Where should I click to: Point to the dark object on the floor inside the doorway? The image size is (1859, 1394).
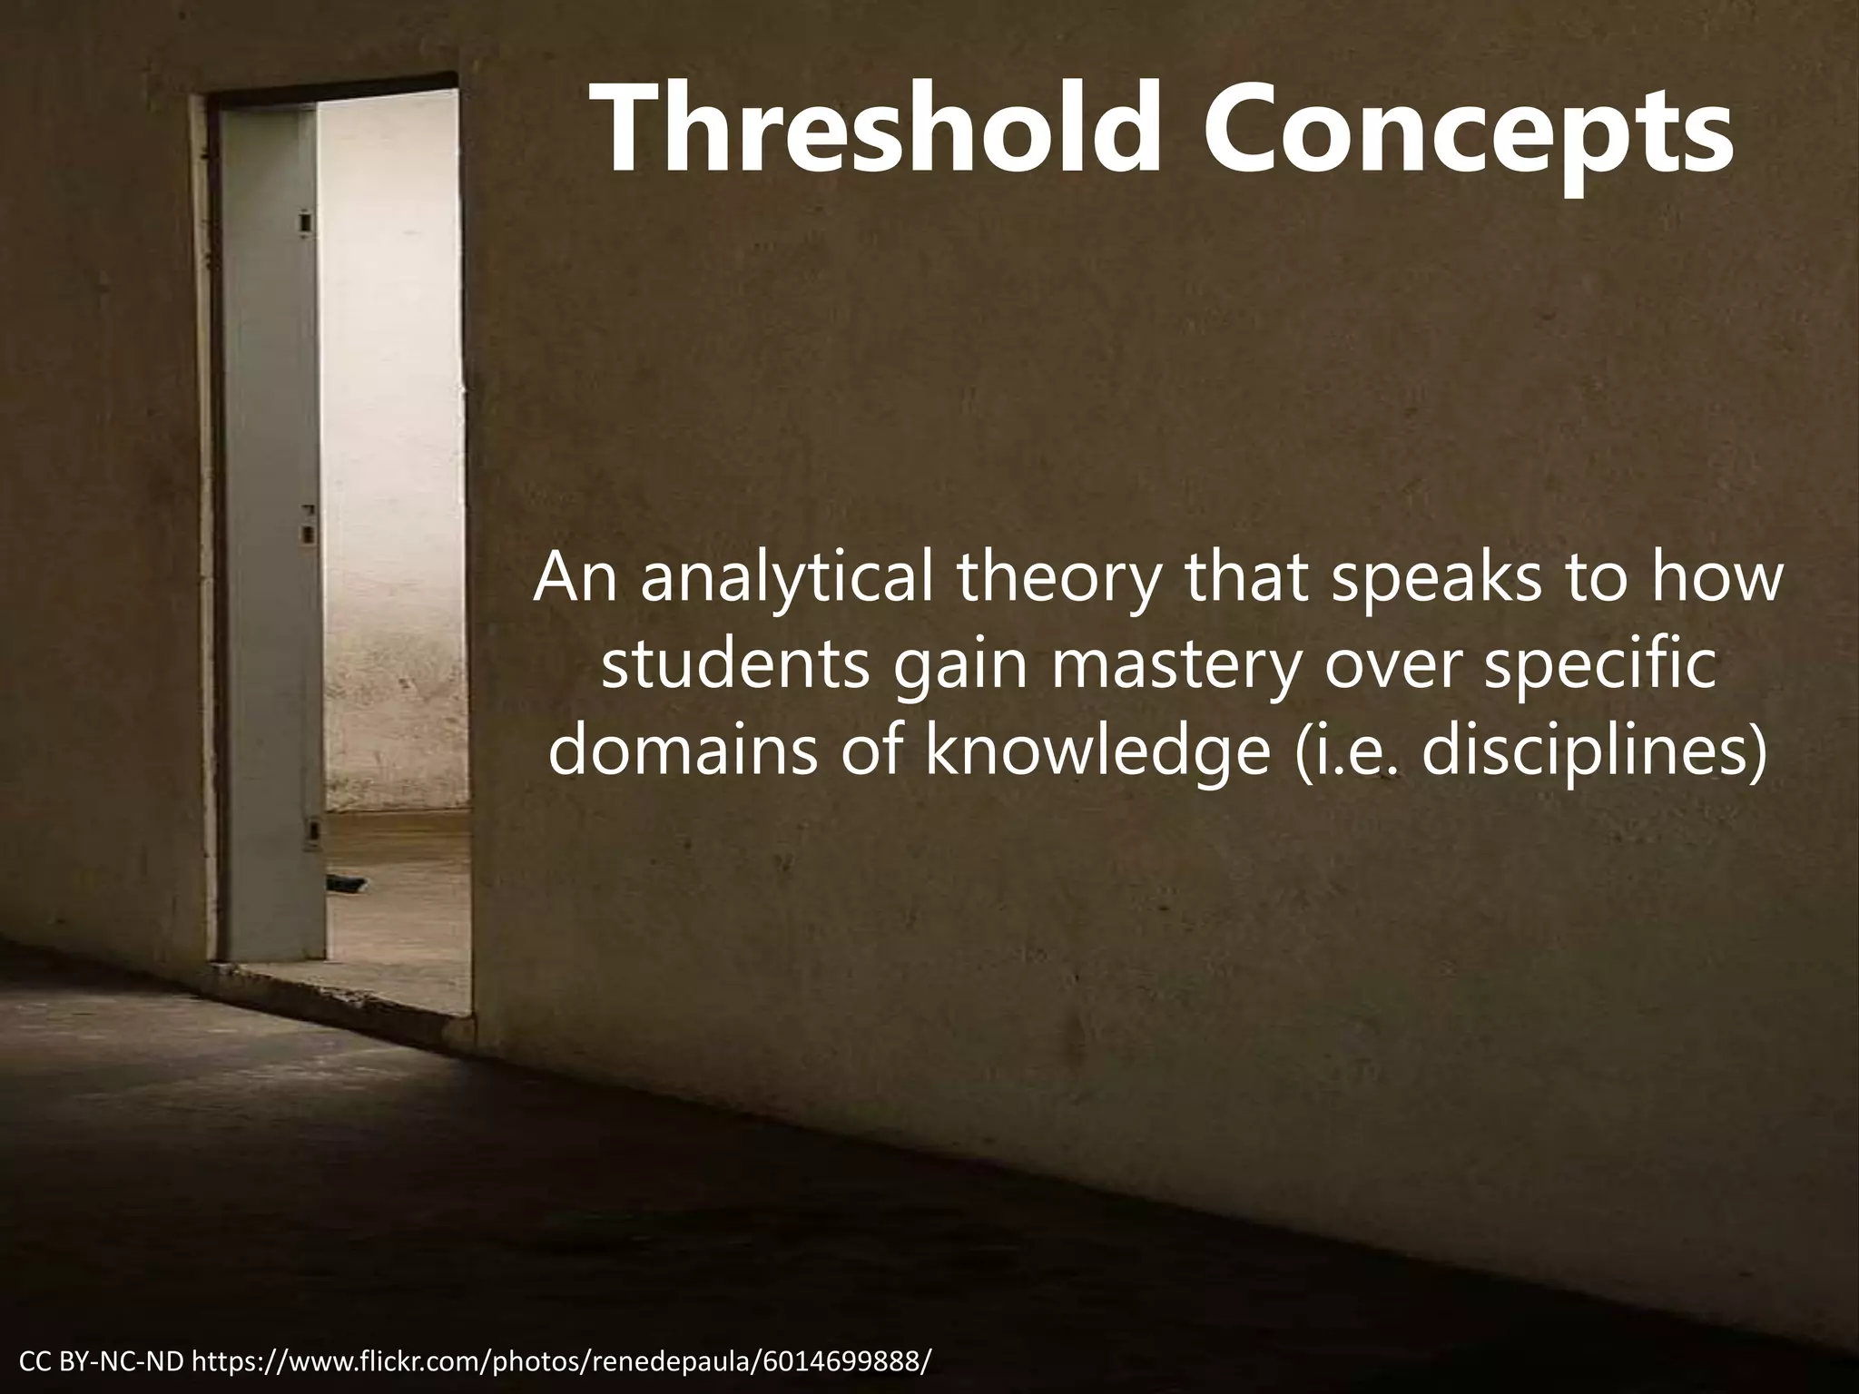tap(347, 882)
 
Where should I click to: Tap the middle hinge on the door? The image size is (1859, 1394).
tap(309, 531)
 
